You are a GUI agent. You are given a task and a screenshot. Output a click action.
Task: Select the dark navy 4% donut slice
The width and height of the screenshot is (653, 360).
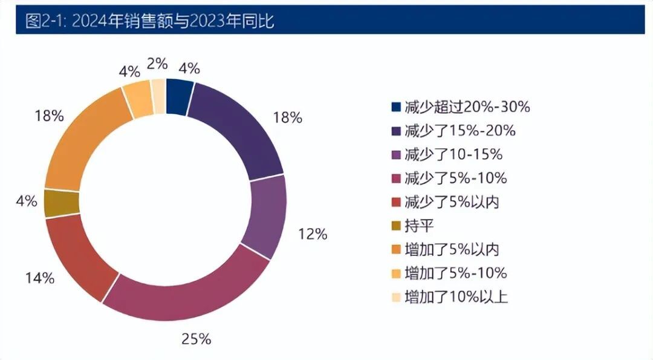(x=180, y=96)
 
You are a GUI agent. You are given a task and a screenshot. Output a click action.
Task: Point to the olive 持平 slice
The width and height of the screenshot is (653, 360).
(x=61, y=203)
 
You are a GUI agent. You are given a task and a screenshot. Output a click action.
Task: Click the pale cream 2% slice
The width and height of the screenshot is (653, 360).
(x=158, y=96)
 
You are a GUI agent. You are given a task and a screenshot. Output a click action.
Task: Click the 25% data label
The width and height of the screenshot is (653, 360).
(x=196, y=339)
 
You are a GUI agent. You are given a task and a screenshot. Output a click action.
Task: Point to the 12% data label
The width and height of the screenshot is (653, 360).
(x=313, y=234)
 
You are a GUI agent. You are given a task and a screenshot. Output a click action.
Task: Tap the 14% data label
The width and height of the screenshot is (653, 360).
(x=40, y=278)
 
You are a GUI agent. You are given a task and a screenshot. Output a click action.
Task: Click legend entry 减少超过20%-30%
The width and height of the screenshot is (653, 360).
(x=467, y=108)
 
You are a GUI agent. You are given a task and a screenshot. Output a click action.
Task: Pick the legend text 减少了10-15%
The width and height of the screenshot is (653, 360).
(x=453, y=155)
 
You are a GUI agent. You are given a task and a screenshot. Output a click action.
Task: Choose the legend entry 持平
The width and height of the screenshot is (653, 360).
(x=420, y=226)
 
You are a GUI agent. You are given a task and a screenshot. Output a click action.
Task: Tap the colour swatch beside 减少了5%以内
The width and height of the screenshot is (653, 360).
(x=396, y=202)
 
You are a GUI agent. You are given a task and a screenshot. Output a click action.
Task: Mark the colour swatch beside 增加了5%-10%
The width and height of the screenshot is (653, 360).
(x=396, y=273)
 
